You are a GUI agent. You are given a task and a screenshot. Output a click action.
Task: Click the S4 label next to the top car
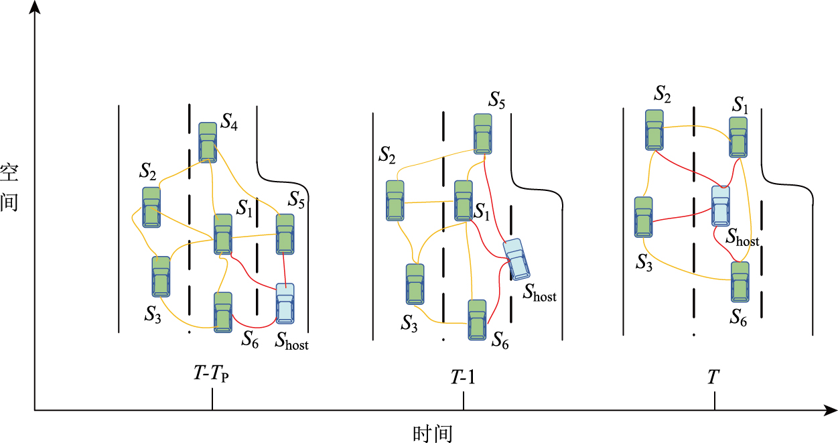click(229, 123)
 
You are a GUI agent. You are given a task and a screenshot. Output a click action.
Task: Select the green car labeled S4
click(208, 142)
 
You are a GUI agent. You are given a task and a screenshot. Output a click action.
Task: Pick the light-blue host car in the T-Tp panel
click(285, 304)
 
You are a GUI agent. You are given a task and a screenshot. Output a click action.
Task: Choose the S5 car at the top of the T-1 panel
click(483, 134)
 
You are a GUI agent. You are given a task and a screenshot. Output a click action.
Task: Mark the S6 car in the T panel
click(740, 281)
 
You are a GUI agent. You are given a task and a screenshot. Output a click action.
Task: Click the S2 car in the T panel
click(654, 129)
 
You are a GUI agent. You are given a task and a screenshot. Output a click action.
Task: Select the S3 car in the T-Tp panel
click(161, 276)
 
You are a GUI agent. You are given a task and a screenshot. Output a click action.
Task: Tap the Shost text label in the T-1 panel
click(540, 292)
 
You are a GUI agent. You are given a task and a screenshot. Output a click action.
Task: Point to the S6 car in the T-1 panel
click(477, 320)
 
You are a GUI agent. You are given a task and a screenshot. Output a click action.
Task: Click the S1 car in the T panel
click(738, 137)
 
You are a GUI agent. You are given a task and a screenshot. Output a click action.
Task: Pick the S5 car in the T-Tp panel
click(285, 233)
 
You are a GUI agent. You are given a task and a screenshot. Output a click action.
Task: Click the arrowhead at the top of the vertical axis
click(35, 7)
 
